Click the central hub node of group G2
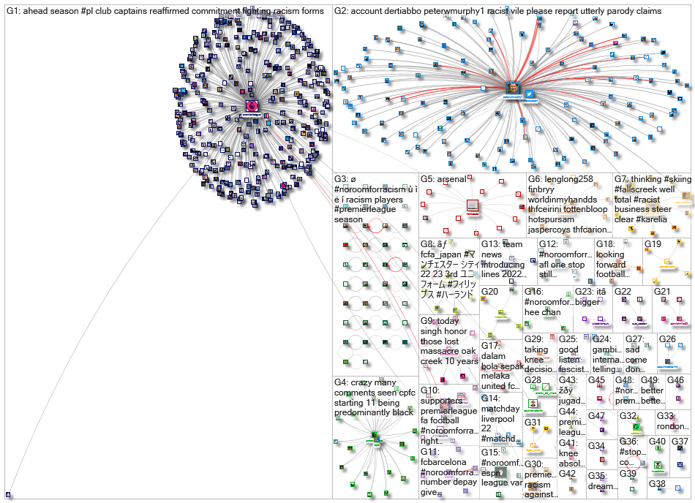coord(514,88)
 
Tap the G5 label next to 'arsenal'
coord(429,179)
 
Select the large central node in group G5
coord(473,207)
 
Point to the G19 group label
coord(653,243)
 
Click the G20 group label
coord(489,292)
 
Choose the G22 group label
coord(623,292)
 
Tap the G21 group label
coord(662,292)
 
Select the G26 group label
coord(666,339)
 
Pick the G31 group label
coord(533,423)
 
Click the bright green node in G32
coord(636,428)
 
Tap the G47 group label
coord(597,416)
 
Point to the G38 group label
coord(656,484)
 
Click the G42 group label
coord(568,474)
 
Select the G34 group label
coord(597,446)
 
